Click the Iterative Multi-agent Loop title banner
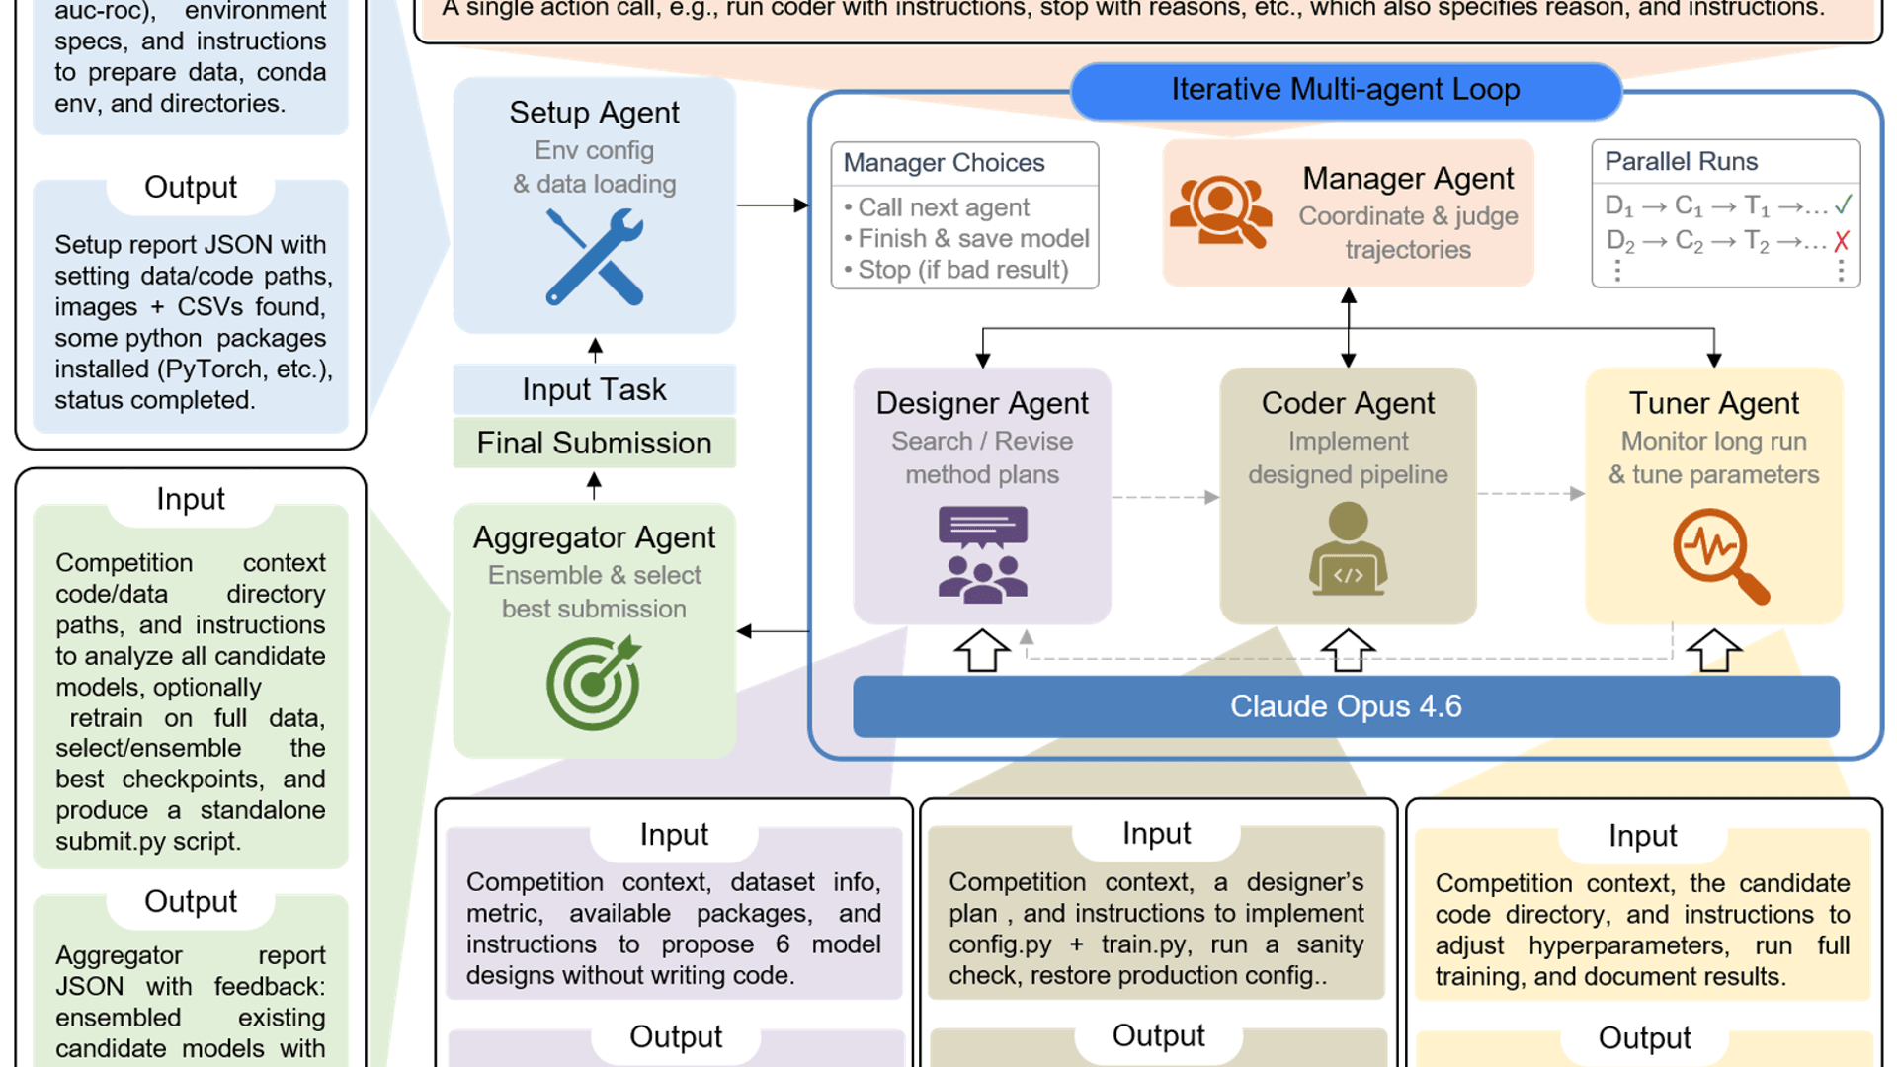click(x=1345, y=90)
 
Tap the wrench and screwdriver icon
click(x=595, y=257)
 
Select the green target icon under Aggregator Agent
click(x=594, y=683)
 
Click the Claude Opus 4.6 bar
click(x=1345, y=706)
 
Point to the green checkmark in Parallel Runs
click(x=1843, y=205)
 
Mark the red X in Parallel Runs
click(x=1842, y=241)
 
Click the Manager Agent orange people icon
click(x=1220, y=211)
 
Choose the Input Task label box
click(x=594, y=389)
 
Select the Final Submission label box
click(x=594, y=443)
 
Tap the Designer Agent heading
click(x=982, y=403)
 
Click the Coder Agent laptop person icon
click(x=1348, y=549)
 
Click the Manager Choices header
click(x=944, y=163)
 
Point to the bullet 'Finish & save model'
click(x=972, y=238)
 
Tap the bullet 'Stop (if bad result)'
click(x=962, y=270)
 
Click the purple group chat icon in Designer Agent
click(x=982, y=554)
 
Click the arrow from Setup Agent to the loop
click(x=772, y=205)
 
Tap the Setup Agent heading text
click(x=594, y=113)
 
